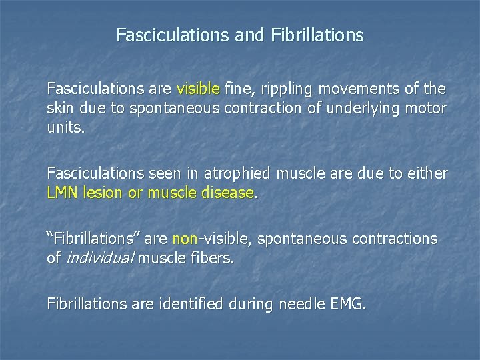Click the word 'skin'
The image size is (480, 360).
(59, 109)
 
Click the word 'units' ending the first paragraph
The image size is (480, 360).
(64, 129)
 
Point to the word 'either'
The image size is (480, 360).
(428, 173)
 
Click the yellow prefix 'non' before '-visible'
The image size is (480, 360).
(185, 239)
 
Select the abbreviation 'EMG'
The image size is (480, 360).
(347, 305)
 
